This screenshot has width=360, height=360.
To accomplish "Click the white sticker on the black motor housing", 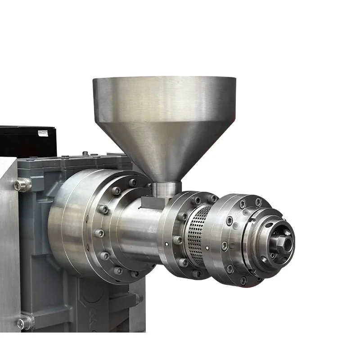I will [x=43, y=132].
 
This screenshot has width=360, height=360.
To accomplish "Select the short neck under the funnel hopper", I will [x=166, y=189].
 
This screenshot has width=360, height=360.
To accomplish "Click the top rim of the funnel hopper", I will [x=164, y=80].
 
